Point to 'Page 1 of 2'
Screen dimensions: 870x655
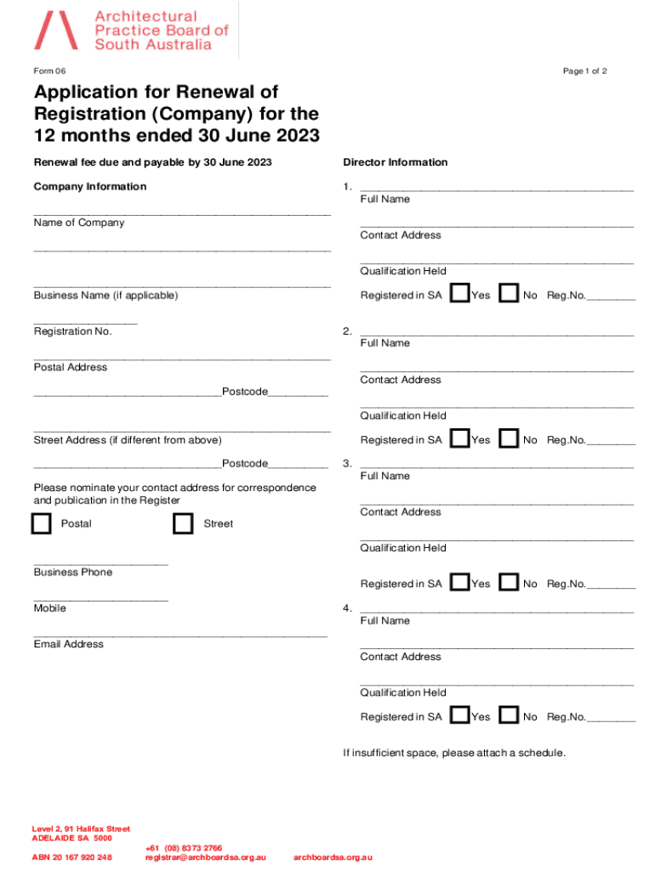click(584, 71)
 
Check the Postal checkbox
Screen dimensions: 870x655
click(41, 524)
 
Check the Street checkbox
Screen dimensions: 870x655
click(183, 524)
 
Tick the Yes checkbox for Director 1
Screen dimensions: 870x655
click(459, 294)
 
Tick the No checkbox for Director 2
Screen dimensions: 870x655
click(510, 439)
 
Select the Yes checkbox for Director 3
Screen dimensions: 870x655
click(459, 583)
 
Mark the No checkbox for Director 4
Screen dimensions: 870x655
click(510, 715)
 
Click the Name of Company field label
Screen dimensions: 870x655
click(79, 223)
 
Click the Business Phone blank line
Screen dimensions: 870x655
click(100, 563)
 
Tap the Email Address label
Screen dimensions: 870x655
click(69, 644)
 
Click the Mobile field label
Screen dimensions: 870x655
click(50, 608)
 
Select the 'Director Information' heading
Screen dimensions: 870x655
click(395, 162)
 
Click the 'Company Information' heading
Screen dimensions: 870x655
click(90, 187)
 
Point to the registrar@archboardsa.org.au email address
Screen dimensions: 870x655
click(206, 857)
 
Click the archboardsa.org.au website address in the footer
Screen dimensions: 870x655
click(333, 857)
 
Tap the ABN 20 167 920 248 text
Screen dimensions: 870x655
click(72, 857)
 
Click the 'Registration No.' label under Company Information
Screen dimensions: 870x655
click(73, 331)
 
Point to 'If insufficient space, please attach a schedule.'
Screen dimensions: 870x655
click(454, 753)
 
